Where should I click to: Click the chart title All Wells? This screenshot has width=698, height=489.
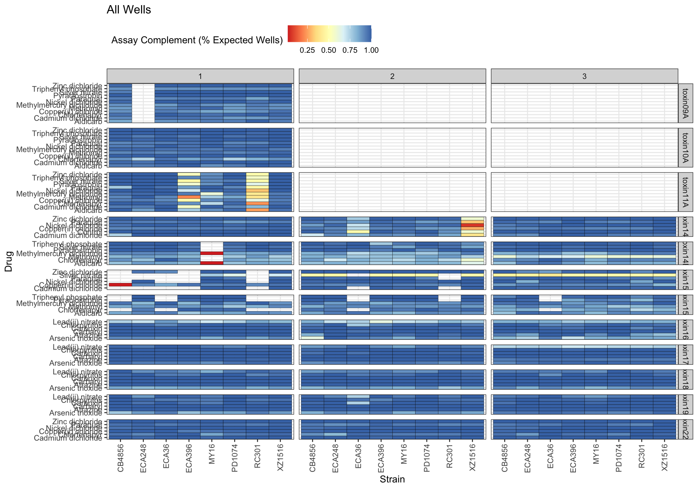coord(129,10)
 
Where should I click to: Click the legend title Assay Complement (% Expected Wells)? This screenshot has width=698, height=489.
coord(197,40)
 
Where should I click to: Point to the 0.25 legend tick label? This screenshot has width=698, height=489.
coord(307,50)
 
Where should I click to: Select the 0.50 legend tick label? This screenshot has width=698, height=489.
coord(329,50)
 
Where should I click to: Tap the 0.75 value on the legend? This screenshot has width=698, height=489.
coord(350,50)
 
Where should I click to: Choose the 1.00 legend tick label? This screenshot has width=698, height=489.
coord(371,50)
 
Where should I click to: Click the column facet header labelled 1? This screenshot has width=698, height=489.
coord(200,76)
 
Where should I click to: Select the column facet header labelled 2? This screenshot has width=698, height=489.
coord(392,76)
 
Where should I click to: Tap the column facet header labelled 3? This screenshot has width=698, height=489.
coord(584,76)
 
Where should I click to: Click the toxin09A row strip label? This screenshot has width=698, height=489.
coord(686,103)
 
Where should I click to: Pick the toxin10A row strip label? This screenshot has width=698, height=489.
coord(686,148)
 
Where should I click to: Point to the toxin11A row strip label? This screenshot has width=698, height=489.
coord(686,192)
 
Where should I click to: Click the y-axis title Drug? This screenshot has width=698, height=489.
coord(9,261)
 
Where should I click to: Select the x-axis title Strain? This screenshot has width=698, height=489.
coord(392,479)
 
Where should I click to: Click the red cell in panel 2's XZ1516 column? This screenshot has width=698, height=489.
coord(472,226)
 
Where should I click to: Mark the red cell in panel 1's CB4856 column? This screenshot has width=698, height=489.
coord(121,285)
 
